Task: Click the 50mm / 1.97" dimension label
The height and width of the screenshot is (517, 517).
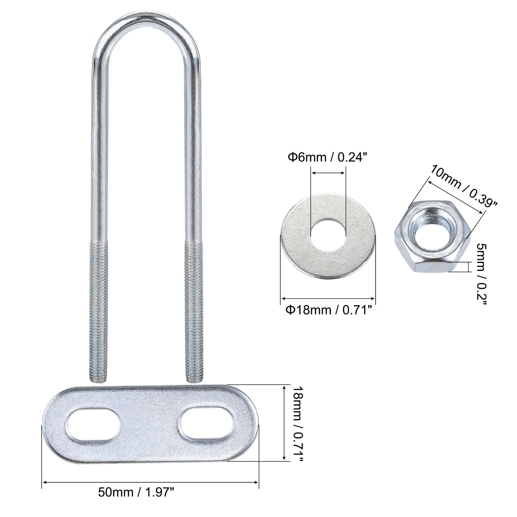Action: tap(136, 492)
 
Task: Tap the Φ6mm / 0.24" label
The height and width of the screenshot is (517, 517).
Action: tap(327, 158)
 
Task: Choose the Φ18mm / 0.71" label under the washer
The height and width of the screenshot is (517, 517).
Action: tap(328, 310)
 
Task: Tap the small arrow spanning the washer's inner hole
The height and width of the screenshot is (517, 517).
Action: tap(328, 172)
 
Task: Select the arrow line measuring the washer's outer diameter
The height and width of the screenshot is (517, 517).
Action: tap(328, 298)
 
